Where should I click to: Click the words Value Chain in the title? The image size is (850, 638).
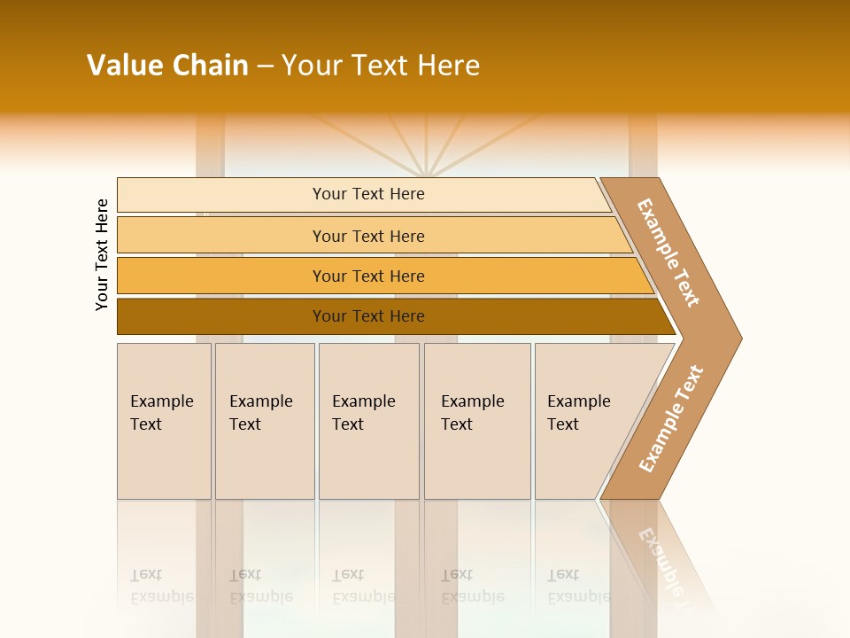[167, 66]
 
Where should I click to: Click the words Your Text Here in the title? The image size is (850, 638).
[381, 66]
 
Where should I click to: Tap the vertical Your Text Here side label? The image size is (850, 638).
[102, 254]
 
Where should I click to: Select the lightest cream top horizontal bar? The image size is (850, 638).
[221, 195]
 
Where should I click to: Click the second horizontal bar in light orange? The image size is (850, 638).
[221, 236]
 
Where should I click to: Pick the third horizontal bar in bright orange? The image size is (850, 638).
[221, 276]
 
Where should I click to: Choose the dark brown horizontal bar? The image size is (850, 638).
[221, 316]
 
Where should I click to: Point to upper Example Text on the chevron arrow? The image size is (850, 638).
[668, 253]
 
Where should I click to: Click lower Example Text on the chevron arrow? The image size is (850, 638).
[670, 419]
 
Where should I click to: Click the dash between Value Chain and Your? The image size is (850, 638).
[265, 66]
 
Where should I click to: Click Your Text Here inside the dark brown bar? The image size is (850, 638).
[368, 316]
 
